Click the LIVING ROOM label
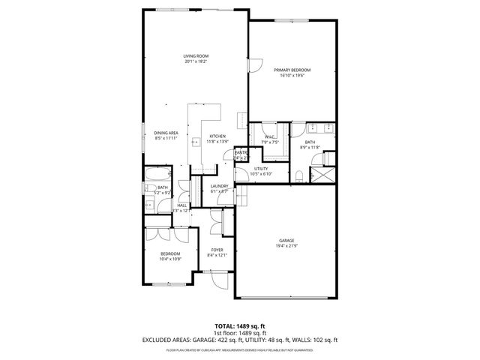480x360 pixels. point(196,56)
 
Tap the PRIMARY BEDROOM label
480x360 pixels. point(292,70)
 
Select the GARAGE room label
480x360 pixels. point(286,240)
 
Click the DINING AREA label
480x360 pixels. point(166,133)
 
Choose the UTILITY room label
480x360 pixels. point(261,169)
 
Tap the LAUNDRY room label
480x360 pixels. point(219,186)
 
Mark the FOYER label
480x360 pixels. point(217,250)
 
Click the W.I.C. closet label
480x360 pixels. point(269,137)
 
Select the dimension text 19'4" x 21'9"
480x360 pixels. point(286,246)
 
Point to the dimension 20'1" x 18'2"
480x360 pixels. point(196,61)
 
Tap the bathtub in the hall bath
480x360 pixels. point(159,176)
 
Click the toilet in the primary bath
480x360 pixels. point(298,178)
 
